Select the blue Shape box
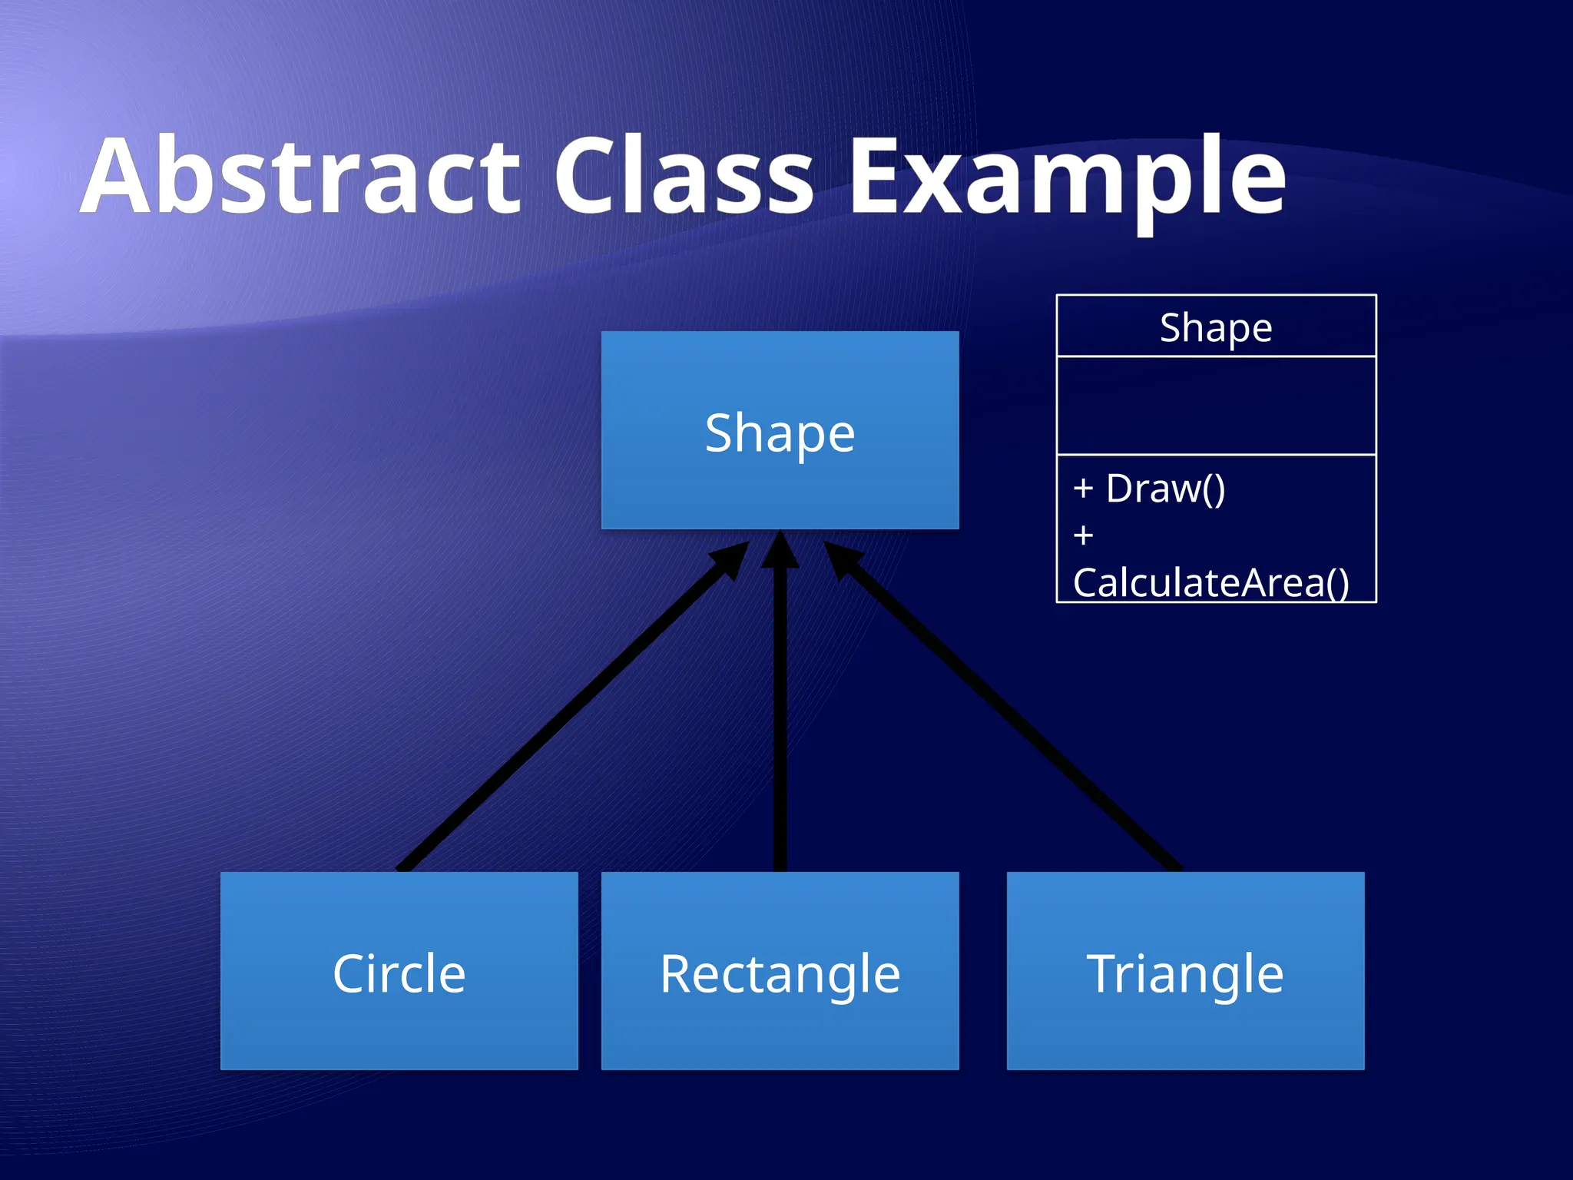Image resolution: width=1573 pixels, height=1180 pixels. pyautogui.click(x=780, y=431)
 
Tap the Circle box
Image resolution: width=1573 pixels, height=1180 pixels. pyautogui.click(x=399, y=971)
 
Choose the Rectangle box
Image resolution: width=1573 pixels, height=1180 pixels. pyautogui.click(x=780, y=971)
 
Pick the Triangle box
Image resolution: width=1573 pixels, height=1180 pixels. pyautogui.click(x=1185, y=971)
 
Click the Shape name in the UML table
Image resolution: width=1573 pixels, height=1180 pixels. pyautogui.click(x=1216, y=327)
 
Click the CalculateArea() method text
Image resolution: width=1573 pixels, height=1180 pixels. pyautogui.click(x=1210, y=582)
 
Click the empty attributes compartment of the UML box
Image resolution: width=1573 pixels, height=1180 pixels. pyautogui.click(x=1216, y=406)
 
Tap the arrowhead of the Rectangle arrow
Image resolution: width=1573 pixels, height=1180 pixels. pyautogui.click(x=780, y=552)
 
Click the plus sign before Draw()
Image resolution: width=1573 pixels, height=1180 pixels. pyautogui.click(x=1083, y=489)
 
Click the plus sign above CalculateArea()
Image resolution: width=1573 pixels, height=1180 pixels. pyautogui.click(x=1083, y=535)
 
